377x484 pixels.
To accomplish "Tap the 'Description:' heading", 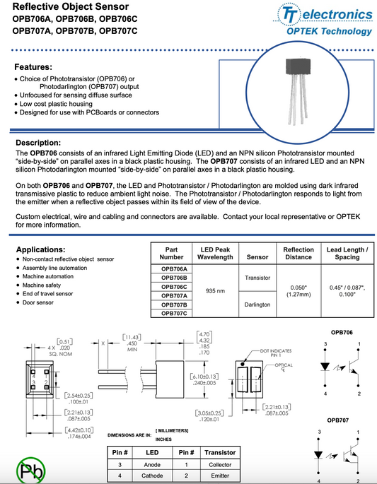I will tap(42, 142).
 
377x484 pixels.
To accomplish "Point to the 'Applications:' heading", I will tap(45, 250).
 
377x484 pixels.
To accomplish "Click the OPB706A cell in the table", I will tap(174, 269).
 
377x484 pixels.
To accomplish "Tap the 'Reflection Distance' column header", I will tap(298, 254).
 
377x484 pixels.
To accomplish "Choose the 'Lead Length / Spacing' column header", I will tap(347, 254).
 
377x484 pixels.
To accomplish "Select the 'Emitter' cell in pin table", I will tap(219, 476).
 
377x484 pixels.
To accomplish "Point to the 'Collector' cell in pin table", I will tap(219, 464).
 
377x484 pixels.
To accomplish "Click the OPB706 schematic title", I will tap(341, 332).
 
